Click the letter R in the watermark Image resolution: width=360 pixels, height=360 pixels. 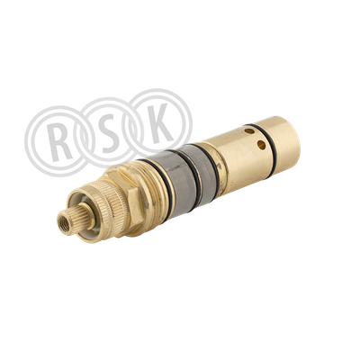[60, 141]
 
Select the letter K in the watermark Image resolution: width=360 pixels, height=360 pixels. [161, 124]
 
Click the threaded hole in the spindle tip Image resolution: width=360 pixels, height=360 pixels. [64, 223]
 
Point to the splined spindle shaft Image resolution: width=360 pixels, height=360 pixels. [71, 220]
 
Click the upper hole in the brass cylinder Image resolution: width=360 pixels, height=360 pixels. [249, 131]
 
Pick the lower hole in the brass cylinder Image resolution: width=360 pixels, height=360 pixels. [261, 145]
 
